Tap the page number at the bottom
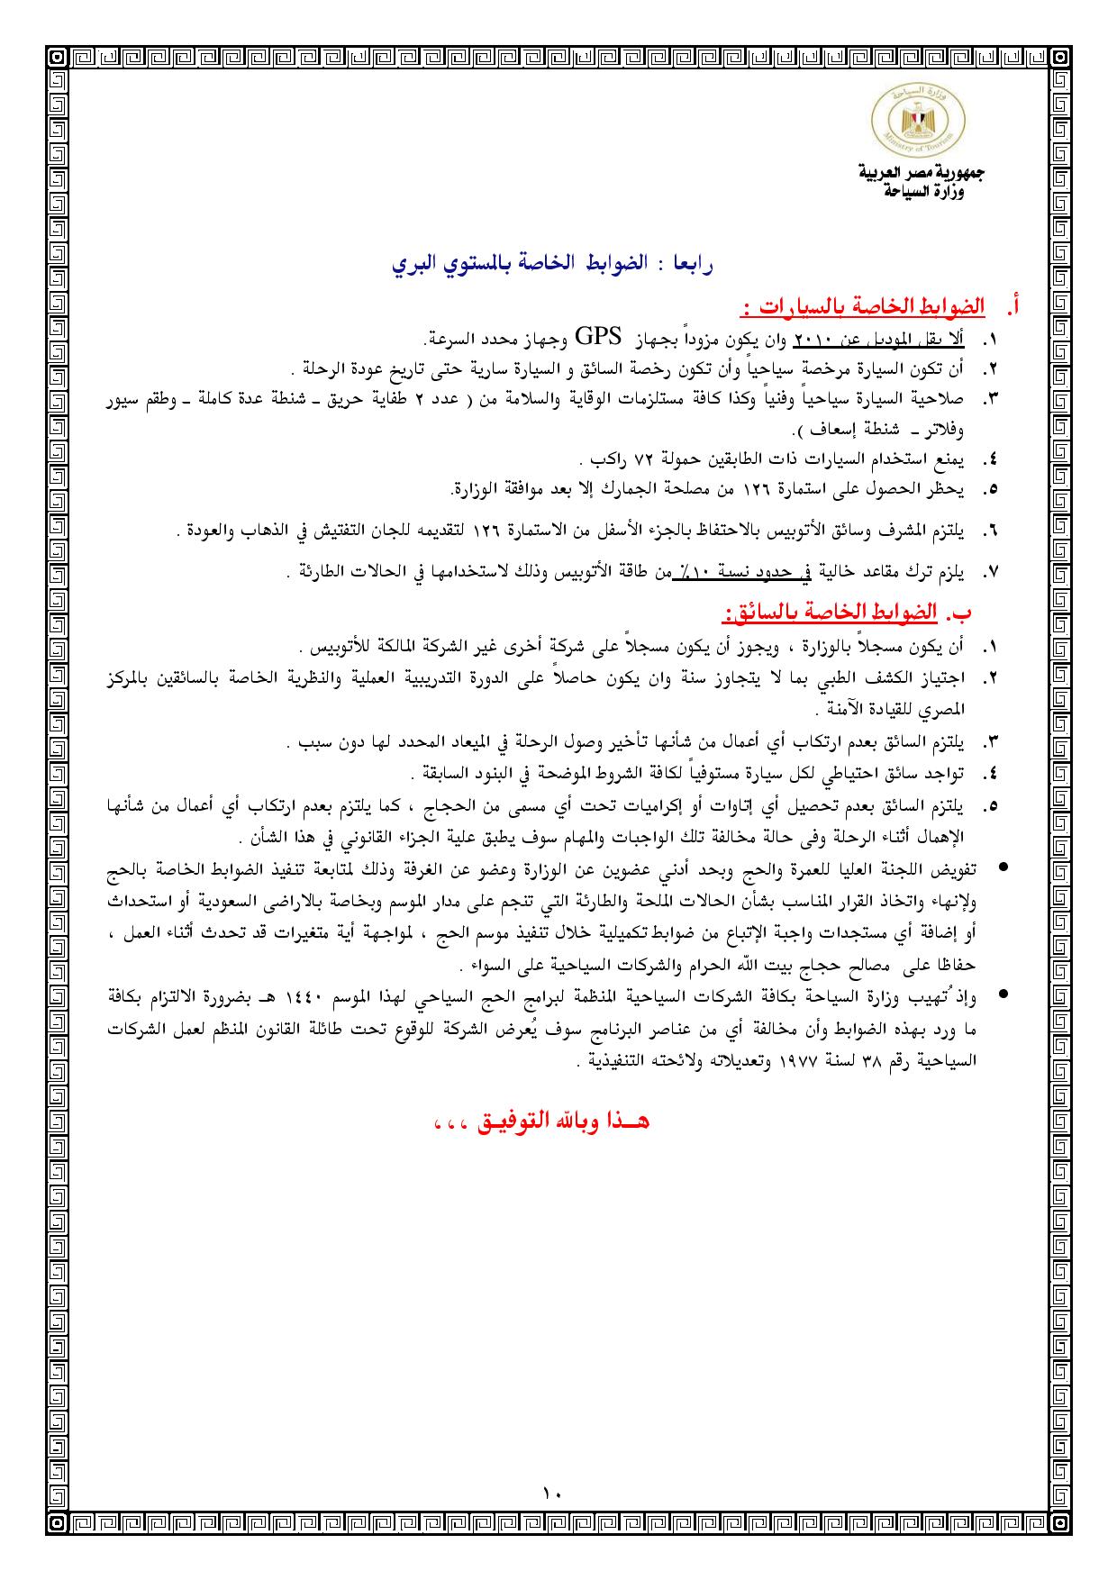tap(552, 1494)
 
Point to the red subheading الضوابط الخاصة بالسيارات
tap(860, 308)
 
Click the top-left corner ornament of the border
tap(57, 57)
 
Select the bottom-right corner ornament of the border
tap(1061, 1522)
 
